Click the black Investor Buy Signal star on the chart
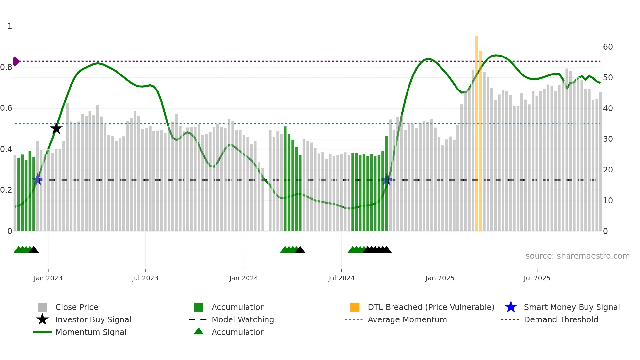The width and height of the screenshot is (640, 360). [56, 128]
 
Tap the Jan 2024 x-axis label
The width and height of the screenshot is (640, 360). [244, 278]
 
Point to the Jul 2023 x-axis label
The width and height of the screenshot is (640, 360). [145, 278]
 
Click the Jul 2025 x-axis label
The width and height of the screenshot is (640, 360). [537, 278]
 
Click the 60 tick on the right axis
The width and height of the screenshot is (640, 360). [608, 47]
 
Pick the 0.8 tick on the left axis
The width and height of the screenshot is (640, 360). [6, 67]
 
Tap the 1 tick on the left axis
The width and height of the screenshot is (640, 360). [10, 26]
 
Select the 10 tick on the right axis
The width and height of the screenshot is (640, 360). [608, 201]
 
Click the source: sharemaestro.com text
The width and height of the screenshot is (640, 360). [577, 256]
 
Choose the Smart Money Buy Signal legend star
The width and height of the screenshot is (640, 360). [511, 307]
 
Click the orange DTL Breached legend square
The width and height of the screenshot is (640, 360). [355, 307]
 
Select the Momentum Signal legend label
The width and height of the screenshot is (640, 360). [91, 332]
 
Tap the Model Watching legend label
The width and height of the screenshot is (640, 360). [243, 319]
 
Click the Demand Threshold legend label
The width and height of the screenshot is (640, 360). [561, 319]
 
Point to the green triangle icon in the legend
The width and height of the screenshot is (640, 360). [199, 331]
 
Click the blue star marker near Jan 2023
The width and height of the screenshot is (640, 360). [38, 179]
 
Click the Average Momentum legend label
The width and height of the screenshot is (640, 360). [407, 319]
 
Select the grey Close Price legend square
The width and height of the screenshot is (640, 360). [42, 307]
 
